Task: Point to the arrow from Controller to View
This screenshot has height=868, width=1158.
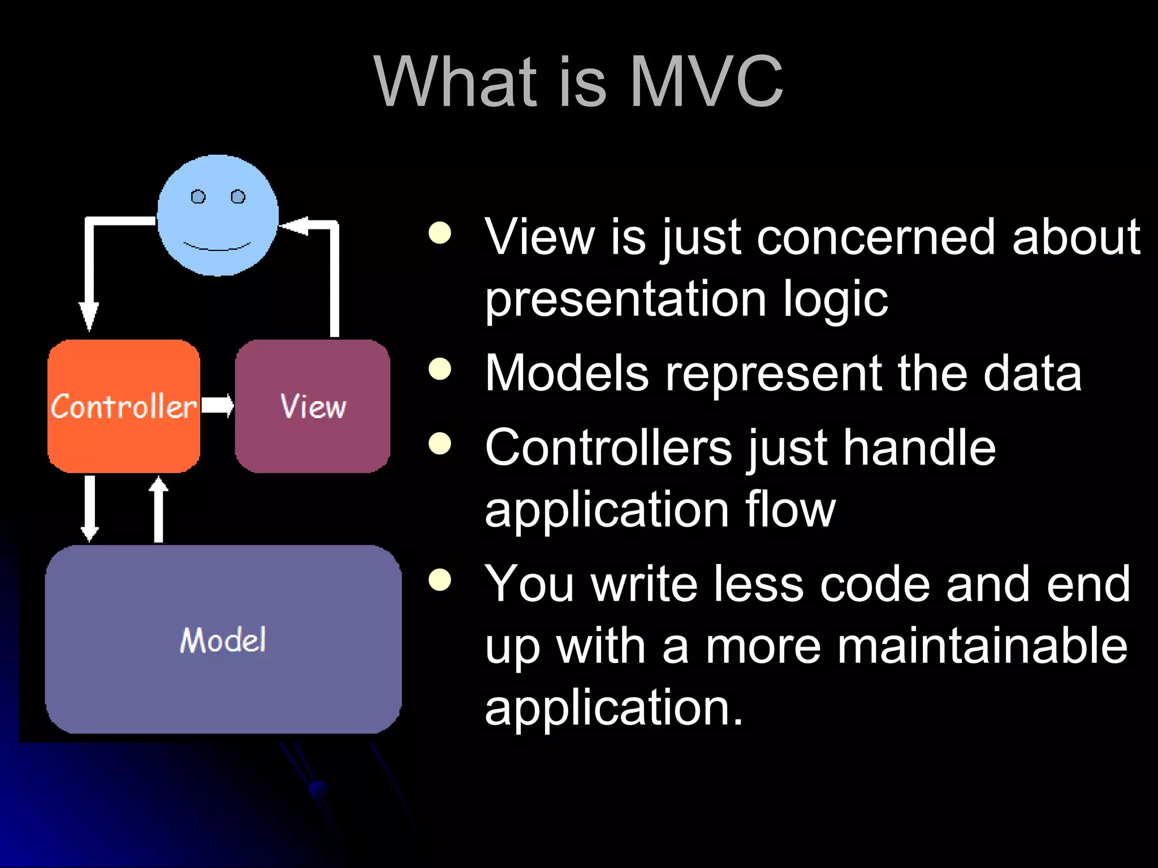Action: point(218,405)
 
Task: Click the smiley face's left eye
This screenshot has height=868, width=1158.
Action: point(198,197)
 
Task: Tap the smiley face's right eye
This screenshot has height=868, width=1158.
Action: point(238,197)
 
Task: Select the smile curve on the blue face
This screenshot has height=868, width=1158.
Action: point(217,248)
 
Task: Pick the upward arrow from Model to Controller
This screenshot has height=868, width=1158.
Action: point(159,509)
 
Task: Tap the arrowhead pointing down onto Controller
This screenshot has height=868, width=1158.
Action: point(89,316)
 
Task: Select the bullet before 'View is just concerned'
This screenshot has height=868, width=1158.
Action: point(440,233)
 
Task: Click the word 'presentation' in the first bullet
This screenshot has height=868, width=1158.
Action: point(625,300)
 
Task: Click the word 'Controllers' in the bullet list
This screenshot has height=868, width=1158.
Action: point(608,448)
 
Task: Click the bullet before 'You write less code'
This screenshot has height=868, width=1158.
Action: point(440,580)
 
